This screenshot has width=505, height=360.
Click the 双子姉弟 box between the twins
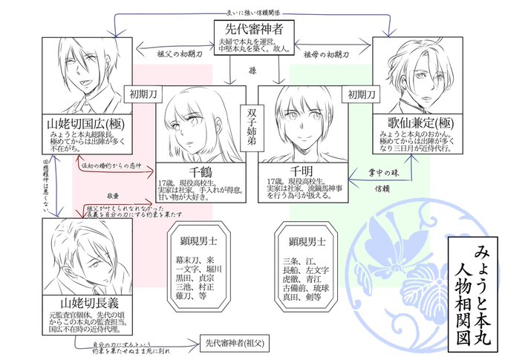(250, 119)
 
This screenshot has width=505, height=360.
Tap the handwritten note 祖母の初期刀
(328, 53)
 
